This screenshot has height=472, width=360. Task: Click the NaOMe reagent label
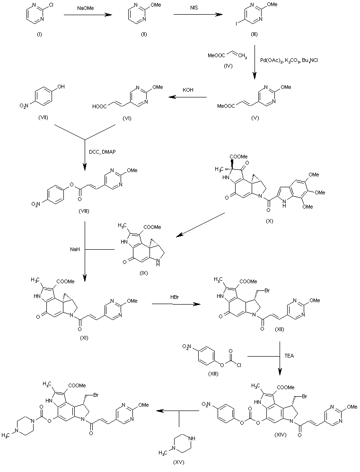(86, 8)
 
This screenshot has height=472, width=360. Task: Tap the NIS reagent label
(194, 8)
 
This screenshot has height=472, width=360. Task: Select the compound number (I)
(39, 35)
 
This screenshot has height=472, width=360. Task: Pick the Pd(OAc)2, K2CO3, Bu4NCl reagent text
(289, 61)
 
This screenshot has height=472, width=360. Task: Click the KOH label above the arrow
(188, 90)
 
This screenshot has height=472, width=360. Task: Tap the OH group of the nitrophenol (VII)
(61, 87)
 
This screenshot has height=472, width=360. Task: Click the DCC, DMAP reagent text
(102, 152)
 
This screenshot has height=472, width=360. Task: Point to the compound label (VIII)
(84, 211)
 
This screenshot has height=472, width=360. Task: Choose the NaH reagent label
(75, 249)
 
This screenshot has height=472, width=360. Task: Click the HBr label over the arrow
(175, 297)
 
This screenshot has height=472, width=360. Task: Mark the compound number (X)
(269, 221)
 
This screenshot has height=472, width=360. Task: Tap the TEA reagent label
(289, 356)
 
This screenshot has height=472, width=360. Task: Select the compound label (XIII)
(213, 374)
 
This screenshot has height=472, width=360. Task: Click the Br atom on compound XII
(267, 291)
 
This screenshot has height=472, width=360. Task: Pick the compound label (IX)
(144, 273)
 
